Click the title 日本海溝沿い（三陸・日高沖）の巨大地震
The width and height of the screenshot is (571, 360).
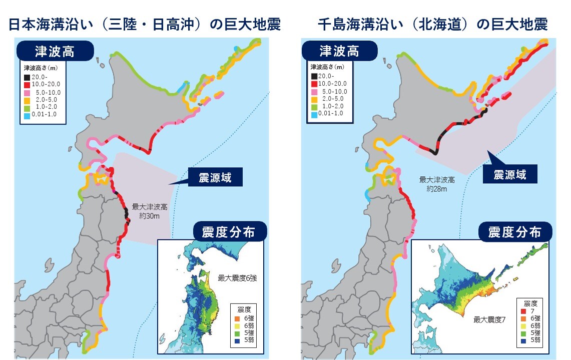[145, 25]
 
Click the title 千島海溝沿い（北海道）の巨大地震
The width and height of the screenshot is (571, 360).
[432, 25]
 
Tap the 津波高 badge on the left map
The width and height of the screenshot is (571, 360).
[55, 51]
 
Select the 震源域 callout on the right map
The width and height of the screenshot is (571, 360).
[509, 175]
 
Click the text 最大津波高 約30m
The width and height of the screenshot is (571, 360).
[149, 211]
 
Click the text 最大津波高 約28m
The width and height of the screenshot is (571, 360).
[433, 184]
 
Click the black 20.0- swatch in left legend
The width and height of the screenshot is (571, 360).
[27, 77]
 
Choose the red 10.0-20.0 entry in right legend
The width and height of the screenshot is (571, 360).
[314, 84]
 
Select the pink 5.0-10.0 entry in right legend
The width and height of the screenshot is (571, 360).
[314, 92]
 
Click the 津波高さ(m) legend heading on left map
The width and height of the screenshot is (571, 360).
[41, 67]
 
